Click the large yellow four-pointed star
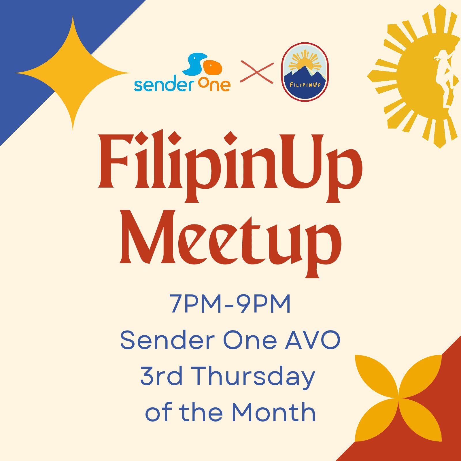point(73,73)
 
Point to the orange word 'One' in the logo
point(214,85)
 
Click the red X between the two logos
point(257,72)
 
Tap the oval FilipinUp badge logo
point(305,72)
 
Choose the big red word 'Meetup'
point(231,243)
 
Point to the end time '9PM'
point(264,304)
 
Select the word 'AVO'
point(313,340)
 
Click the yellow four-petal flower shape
point(398,398)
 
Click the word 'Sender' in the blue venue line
point(167,340)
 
